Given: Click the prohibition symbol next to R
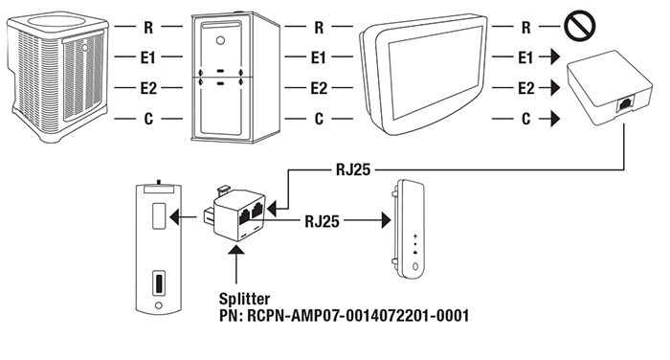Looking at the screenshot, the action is click(x=579, y=26).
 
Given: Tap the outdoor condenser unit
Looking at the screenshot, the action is click(x=56, y=76).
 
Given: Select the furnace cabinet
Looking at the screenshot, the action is click(x=234, y=78).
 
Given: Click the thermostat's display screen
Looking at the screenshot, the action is click(x=434, y=74).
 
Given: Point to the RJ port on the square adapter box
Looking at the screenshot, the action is click(x=625, y=104).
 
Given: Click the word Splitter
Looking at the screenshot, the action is click(x=244, y=299).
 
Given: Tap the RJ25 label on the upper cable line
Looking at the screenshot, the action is click(x=353, y=169).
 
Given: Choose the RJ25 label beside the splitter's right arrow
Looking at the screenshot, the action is click(x=322, y=221).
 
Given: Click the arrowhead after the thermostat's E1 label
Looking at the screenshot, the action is click(x=555, y=56).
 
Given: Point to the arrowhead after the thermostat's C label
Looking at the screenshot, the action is click(x=555, y=119).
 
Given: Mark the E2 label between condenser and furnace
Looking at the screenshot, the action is click(x=148, y=88).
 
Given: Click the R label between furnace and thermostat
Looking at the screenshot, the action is click(x=319, y=28).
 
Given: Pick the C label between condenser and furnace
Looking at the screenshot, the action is click(x=148, y=119).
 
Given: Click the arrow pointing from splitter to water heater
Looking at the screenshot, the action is click(x=184, y=217).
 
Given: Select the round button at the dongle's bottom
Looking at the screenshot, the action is click(x=414, y=267).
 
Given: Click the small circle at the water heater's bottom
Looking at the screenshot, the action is click(x=159, y=305).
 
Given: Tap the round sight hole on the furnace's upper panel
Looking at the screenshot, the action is click(x=220, y=41).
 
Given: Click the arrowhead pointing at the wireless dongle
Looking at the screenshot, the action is click(x=387, y=220).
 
